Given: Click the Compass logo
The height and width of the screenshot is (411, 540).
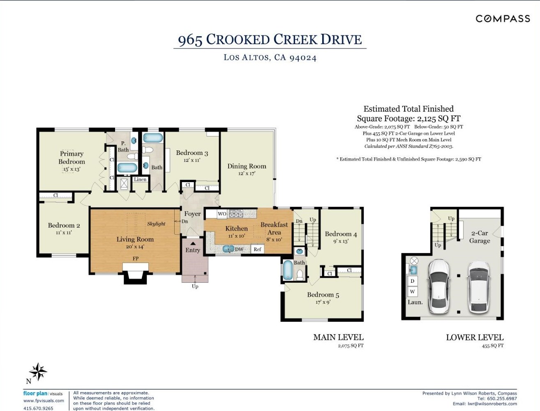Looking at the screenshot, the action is pos(503,18).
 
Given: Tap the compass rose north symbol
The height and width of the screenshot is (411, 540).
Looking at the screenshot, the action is pos(38,372).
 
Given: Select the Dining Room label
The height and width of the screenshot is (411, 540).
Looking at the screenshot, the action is pos(247,166).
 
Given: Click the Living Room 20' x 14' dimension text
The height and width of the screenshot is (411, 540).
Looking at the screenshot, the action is pos(135,247).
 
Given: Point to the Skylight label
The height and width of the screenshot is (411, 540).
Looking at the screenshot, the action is pos(156,224).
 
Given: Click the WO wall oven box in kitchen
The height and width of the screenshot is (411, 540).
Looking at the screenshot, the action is pos(222,214).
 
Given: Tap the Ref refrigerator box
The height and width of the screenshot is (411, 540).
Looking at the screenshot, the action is pos(257,249).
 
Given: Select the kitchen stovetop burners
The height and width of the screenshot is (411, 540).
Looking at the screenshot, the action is pos(236,213).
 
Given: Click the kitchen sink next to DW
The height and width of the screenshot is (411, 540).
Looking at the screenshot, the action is pos(228,249).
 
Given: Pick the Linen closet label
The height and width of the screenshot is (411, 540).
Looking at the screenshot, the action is pos(140,180).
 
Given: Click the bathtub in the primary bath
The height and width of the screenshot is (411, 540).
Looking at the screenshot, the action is pos(127,168).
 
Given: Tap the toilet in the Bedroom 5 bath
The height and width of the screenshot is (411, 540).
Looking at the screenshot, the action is pos(300,275).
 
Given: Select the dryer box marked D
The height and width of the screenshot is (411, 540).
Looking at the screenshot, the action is pos(413,281).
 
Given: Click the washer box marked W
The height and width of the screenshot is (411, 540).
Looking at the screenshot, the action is pos(413,292).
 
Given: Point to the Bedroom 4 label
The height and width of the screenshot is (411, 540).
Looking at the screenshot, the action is pos(341,234).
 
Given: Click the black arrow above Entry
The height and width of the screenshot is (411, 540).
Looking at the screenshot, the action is pos(193,243).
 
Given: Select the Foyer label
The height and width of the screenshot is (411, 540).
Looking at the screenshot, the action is pos(192,214).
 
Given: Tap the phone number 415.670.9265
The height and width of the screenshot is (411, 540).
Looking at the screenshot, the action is pos(38,408).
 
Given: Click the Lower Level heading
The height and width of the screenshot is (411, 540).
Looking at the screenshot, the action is pos(475,337).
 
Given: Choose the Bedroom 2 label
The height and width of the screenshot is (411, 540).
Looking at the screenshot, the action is pos(64,225).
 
